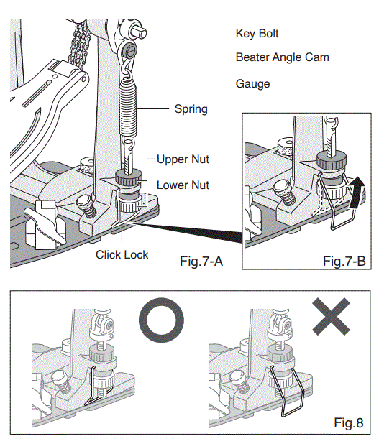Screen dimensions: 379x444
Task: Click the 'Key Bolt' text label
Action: pyautogui.click(x=257, y=34)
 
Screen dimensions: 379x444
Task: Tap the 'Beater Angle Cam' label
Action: pyautogui.click(x=283, y=57)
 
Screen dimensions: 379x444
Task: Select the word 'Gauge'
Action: pyautogui.click(x=252, y=84)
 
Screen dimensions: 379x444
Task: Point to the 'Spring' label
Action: pyautogui.click(x=191, y=109)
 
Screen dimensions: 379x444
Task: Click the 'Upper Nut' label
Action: pyautogui.click(x=183, y=159)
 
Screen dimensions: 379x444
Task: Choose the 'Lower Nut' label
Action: pyautogui.click(x=183, y=185)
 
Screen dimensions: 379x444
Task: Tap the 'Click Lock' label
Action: pyautogui.click(x=122, y=254)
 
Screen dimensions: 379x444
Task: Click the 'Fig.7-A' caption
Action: pyautogui.click(x=201, y=261)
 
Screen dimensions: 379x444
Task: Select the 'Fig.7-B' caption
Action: pyautogui.click(x=344, y=261)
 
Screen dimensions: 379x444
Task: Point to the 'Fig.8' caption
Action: pyautogui.click(x=349, y=422)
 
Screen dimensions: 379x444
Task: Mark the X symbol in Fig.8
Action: pyautogui.click(x=331, y=317)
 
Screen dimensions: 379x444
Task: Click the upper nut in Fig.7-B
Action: pyautogui.click(x=332, y=161)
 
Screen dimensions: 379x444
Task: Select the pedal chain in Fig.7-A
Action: pyautogui.click(x=81, y=42)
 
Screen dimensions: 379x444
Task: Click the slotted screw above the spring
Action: pyautogui.click(x=131, y=51)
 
